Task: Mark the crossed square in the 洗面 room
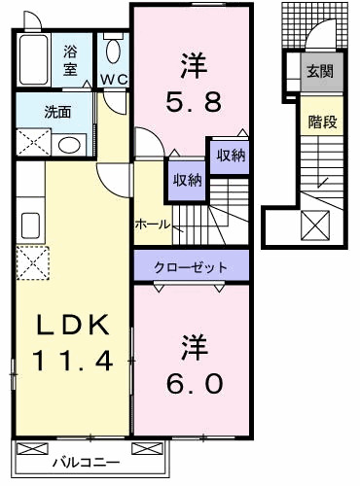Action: pos(34,142)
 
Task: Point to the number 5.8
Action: pos(191,99)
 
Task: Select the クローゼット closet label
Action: pos(191,265)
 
